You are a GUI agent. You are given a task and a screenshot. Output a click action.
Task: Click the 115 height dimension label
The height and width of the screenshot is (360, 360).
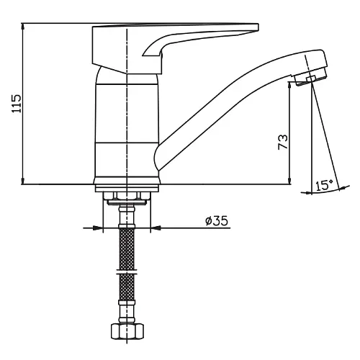click(x=17, y=104)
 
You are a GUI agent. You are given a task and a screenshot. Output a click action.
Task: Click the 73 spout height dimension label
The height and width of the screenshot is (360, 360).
click(x=283, y=142)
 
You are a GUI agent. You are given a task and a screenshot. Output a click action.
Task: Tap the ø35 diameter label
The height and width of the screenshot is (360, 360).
click(x=217, y=220)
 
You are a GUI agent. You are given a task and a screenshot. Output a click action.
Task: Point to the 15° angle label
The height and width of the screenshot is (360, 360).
click(x=324, y=185)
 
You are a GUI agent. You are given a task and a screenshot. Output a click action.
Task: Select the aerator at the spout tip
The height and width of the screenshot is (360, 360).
click(x=310, y=78)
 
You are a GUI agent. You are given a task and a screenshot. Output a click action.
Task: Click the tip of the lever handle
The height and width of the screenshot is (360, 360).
click(x=258, y=27)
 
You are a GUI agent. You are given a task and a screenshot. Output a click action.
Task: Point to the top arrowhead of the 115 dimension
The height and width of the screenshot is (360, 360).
click(x=23, y=26)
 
